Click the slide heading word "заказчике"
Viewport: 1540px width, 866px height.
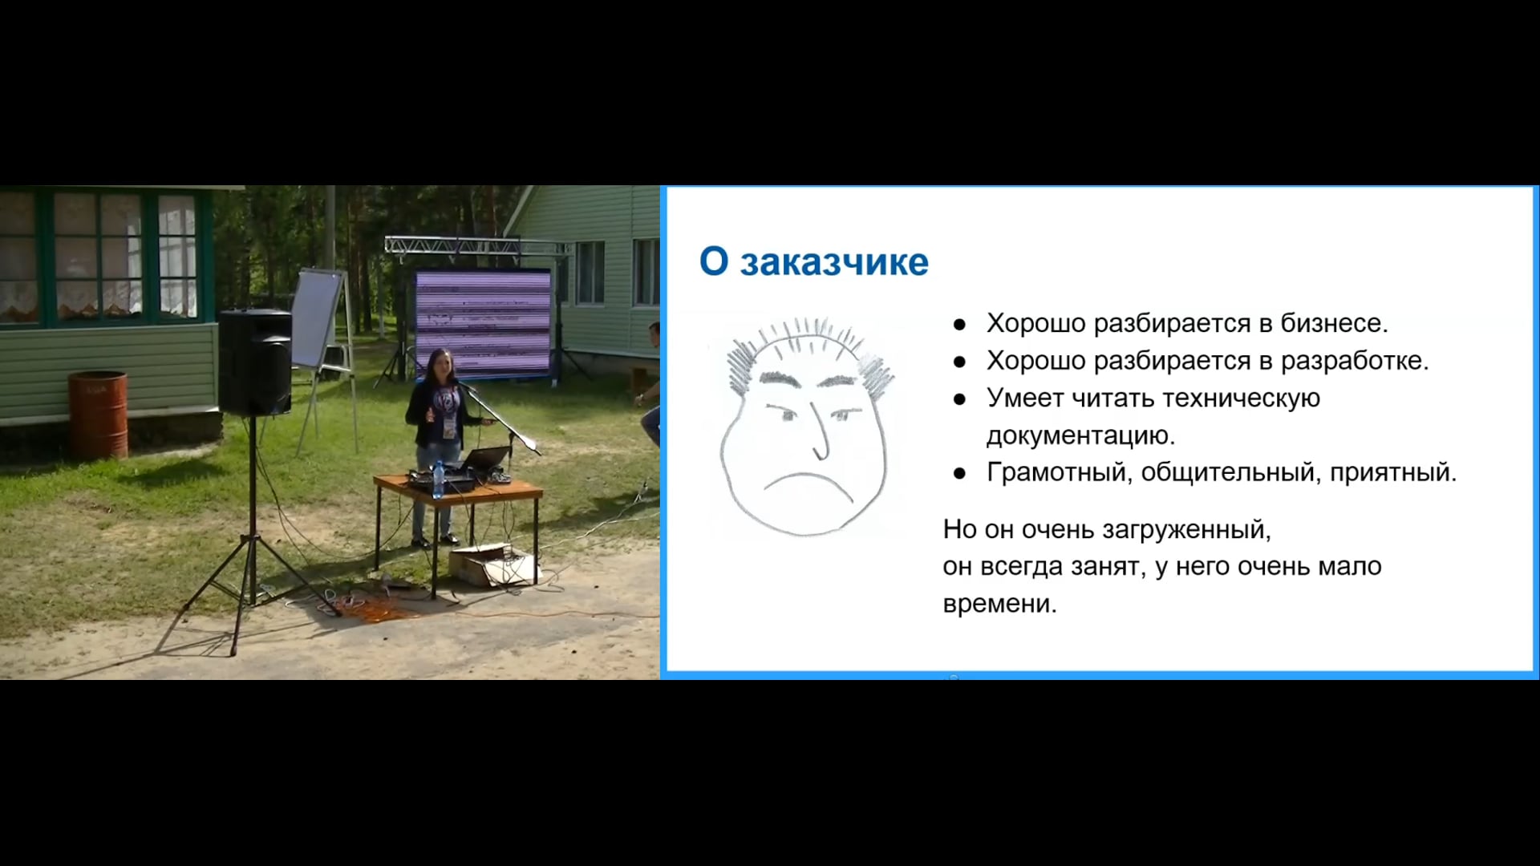tap(834, 262)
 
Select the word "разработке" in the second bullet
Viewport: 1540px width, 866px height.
tap(1355, 362)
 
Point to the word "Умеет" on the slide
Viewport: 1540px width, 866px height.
tap(1026, 399)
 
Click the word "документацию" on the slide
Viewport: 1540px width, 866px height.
tap(1080, 436)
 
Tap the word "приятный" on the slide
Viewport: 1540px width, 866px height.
tap(1393, 473)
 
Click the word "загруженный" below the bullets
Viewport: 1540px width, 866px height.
tap(1186, 530)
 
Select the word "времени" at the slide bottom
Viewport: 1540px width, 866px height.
tap(1000, 604)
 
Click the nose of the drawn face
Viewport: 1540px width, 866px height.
tap(819, 433)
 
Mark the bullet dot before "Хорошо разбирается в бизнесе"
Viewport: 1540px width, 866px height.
tap(959, 325)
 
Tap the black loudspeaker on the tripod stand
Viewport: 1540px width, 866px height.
tap(255, 362)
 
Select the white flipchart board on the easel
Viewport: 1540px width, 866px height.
tap(317, 318)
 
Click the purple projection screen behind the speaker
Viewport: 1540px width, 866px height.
tap(483, 322)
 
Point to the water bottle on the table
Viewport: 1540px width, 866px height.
tap(438, 480)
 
